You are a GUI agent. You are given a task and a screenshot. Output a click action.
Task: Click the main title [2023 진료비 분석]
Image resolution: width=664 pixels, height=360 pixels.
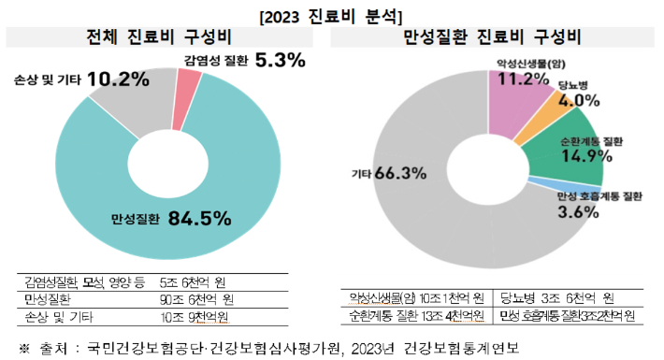click(x=332, y=14)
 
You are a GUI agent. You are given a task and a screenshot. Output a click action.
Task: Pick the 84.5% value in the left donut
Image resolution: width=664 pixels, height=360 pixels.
click(x=199, y=219)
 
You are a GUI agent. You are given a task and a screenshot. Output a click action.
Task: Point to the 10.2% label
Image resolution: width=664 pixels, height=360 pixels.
click(x=118, y=79)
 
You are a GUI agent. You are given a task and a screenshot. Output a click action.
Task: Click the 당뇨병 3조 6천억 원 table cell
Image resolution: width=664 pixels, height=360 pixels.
click(x=556, y=298)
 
